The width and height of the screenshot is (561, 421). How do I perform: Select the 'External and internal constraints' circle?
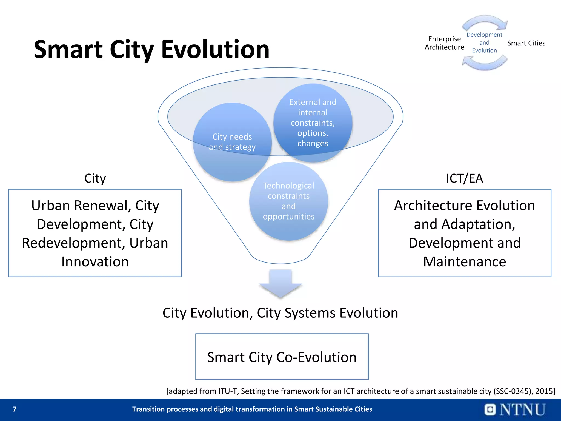313,123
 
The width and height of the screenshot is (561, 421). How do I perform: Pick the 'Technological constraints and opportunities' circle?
288,201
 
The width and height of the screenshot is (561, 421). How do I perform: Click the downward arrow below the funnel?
280,284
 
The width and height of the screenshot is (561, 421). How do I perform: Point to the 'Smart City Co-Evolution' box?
282,357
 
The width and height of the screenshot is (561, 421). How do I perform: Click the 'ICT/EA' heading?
464,178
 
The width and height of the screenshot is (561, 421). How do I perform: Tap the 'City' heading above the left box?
95,178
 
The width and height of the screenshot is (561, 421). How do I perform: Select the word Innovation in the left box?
95,261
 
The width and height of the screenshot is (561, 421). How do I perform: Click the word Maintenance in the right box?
464,261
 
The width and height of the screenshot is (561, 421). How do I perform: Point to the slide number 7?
15,409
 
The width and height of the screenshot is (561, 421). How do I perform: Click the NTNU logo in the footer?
515,409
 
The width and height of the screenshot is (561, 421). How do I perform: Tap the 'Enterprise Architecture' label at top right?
444,43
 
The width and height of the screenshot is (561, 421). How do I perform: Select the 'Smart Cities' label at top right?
526,43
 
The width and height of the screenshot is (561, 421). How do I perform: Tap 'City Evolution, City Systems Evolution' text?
280,313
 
